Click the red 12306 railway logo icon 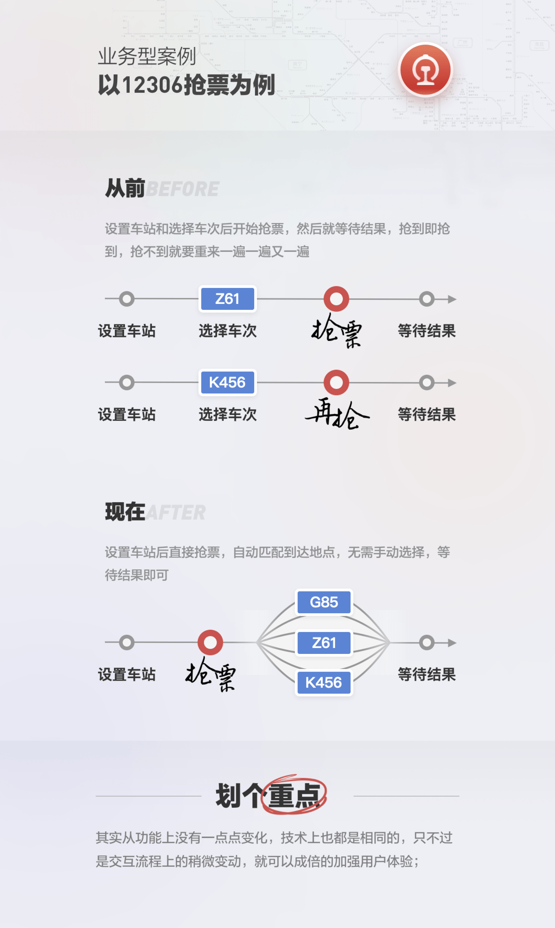click(425, 70)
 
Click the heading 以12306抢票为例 click(186, 85)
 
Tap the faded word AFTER click(176, 512)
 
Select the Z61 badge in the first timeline click(227, 299)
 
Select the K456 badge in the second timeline click(227, 382)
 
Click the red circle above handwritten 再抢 click(336, 382)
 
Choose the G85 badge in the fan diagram click(324, 602)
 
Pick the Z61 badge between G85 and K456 click(324, 643)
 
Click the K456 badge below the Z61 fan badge click(324, 683)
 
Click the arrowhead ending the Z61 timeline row click(452, 299)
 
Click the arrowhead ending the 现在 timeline click(452, 643)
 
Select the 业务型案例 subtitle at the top click(147, 56)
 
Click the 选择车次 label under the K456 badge click(227, 414)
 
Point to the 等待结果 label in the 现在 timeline click(427, 674)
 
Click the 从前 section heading click(125, 188)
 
